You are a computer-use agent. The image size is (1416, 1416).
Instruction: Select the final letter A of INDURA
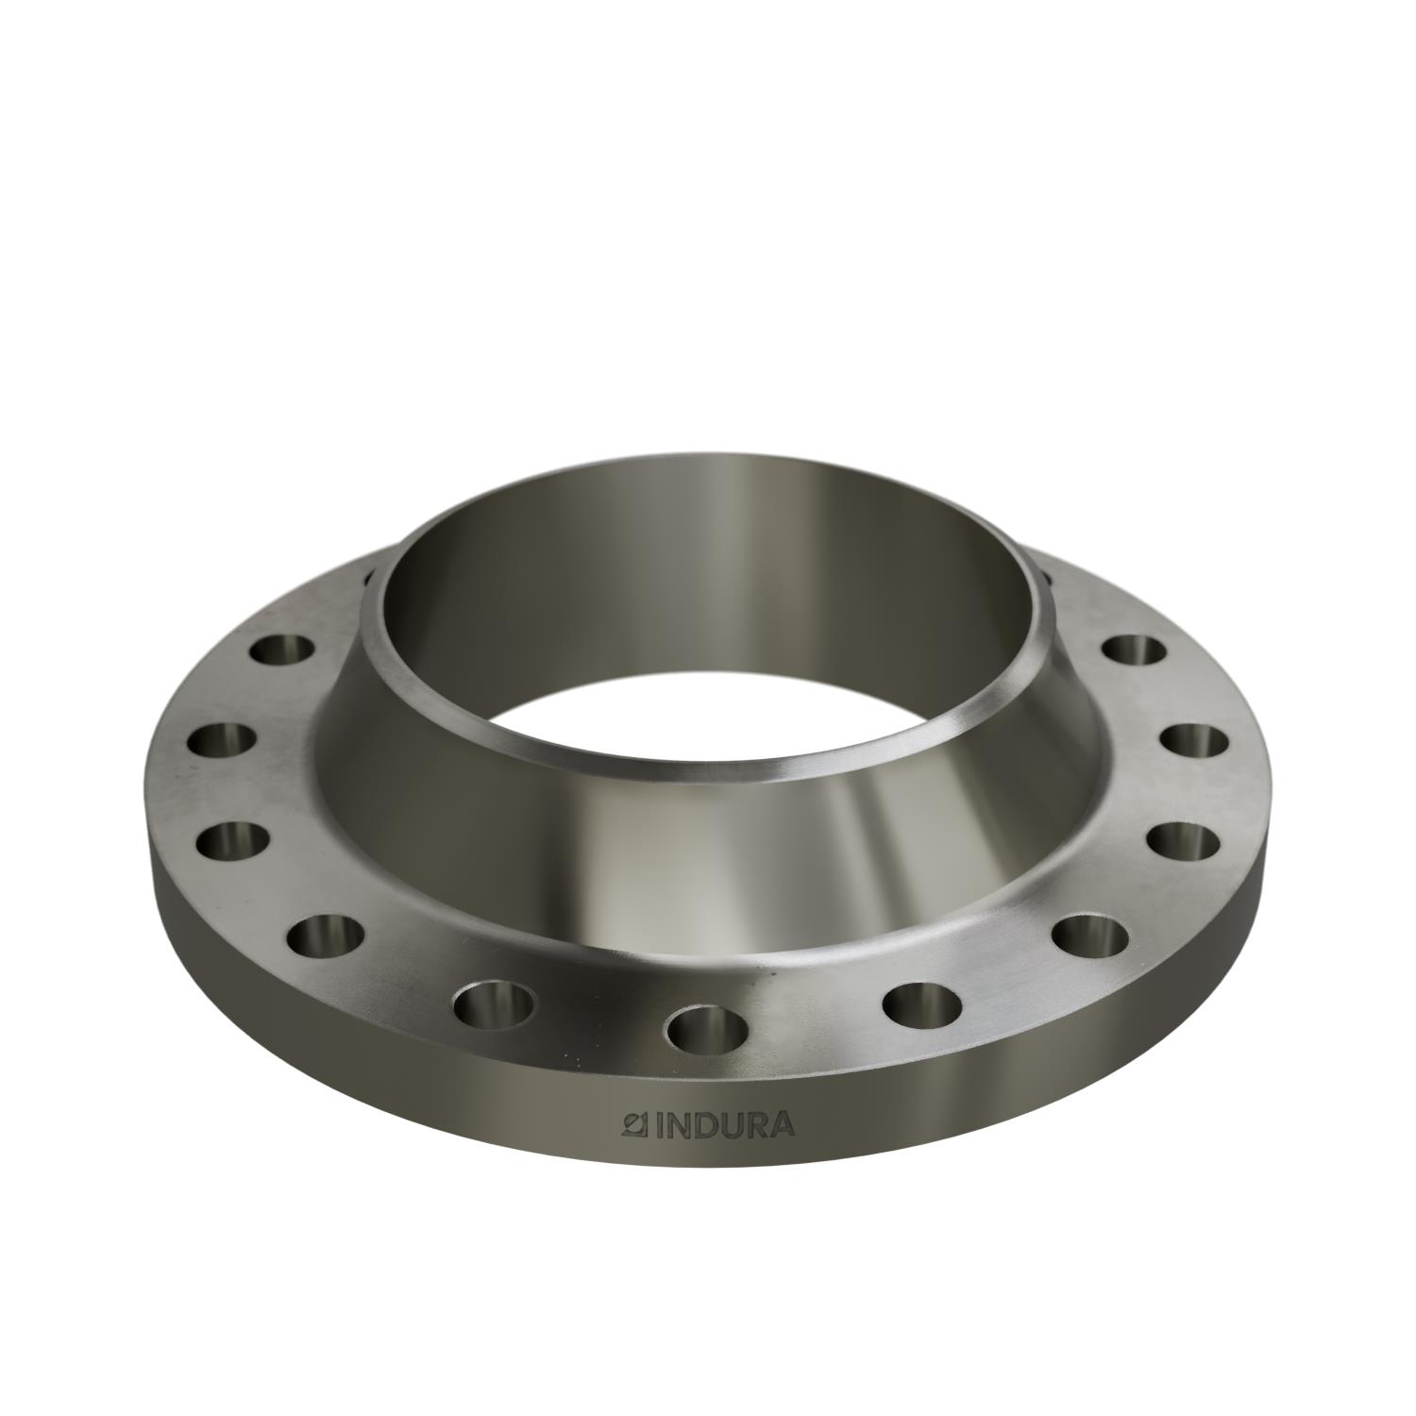coord(782,1125)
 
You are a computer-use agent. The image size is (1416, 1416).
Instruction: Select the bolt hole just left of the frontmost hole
coord(494,1004)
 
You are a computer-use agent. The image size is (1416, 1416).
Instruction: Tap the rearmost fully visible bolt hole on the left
coord(282,649)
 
